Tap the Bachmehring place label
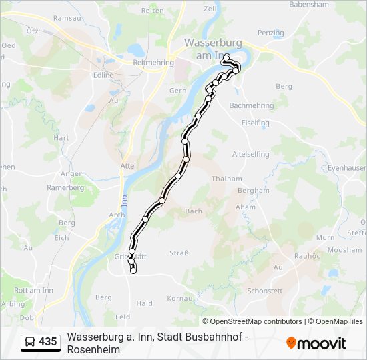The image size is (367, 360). tap(251, 105)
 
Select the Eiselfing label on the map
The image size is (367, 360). tap(256, 123)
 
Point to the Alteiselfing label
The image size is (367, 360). tap(250, 154)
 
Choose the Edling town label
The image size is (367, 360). tap(104, 75)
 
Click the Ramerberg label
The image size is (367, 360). tap(65, 187)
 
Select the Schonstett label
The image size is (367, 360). tap(265, 291)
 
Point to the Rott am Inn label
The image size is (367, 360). tap(33, 289)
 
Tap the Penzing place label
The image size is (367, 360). tap(270, 33)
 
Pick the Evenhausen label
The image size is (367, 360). tap(347, 169)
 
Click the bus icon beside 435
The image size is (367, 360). tap(30, 342)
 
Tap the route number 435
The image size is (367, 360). tap(48, 342)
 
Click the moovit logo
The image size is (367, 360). tap(316, 343)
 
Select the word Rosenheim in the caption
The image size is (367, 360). tap(93, 349)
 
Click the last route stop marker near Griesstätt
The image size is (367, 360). tap(133, 270)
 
